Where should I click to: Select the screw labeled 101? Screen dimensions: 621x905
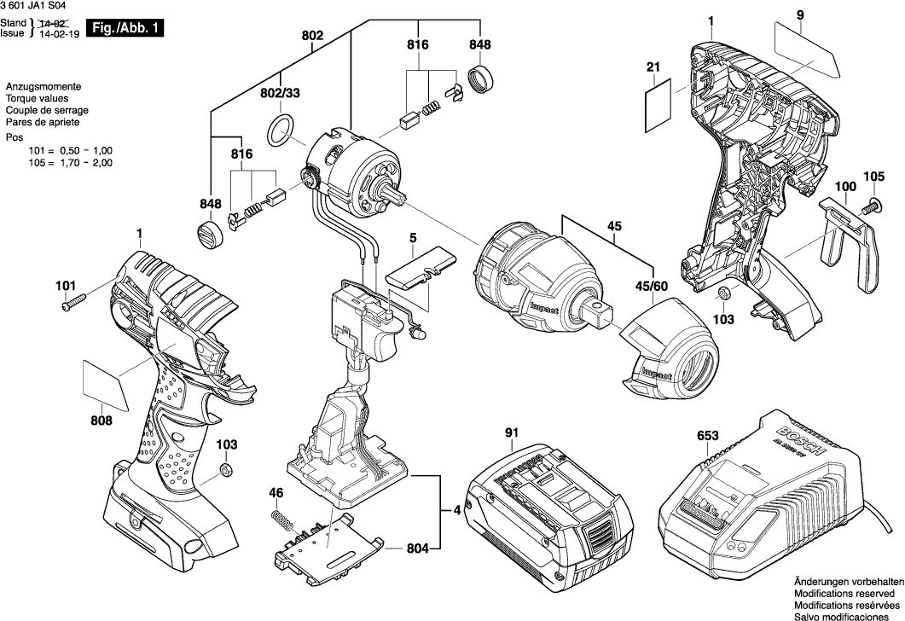tap(73, 301)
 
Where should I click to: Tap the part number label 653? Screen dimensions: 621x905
tap(706, 435)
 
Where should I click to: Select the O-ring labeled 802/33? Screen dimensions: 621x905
tap(279, 131)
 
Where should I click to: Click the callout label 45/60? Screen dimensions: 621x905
tap(650, 286)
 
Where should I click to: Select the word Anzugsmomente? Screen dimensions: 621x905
tap(43, 88)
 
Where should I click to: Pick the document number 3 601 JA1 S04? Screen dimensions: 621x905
tap(38, 8)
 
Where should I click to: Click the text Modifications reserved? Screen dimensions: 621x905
tap(844, 590)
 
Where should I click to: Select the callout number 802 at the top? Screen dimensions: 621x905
tap(312, 36)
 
